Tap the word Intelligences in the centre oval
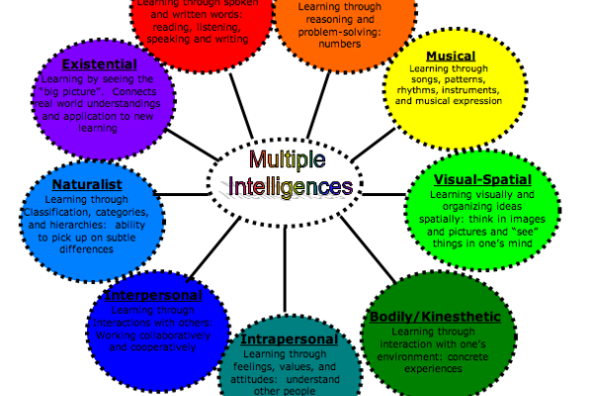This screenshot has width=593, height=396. pos(290,185)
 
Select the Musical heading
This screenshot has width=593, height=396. pos(450,55)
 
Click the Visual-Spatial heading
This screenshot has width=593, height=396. pos(483,179)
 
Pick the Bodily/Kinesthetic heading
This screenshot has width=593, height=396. pos(442,317)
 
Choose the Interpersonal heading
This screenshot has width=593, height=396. pos(153,295)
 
